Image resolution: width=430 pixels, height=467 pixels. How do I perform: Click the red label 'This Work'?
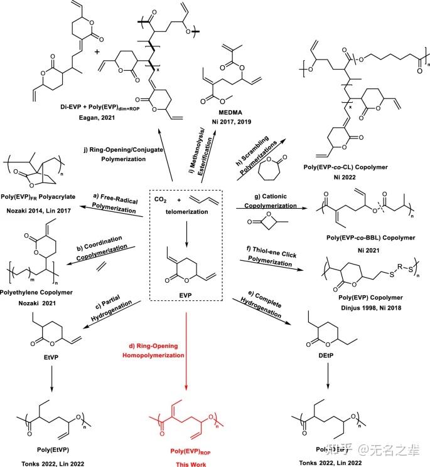pyautogui.click(x=189, y=464)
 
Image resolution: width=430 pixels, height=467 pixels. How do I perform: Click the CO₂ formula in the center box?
pyautogui.click(x=161, y=199)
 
